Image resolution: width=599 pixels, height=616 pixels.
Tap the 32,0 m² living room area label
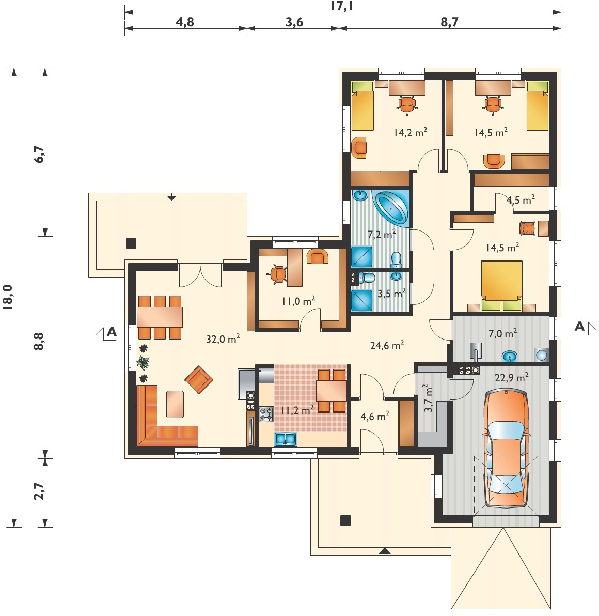(223, 338)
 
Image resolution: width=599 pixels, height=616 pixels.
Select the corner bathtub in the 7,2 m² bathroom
(392, 207)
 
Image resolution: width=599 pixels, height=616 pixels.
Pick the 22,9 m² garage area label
(511, 378)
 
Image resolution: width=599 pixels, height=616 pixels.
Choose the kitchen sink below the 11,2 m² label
(286, 439)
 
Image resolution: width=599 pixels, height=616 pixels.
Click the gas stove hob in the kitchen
(266, 414)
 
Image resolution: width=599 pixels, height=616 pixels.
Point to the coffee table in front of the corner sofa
(175, 404)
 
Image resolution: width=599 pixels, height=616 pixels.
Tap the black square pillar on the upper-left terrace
(131, 243)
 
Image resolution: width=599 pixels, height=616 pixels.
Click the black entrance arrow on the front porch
(385, 551)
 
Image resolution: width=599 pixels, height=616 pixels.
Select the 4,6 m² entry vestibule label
(375, 416)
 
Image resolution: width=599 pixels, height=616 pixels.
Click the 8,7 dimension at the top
(449, 22)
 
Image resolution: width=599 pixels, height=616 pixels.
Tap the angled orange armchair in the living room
(199, 379)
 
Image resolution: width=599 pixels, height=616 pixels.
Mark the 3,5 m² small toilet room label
(391, 294)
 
